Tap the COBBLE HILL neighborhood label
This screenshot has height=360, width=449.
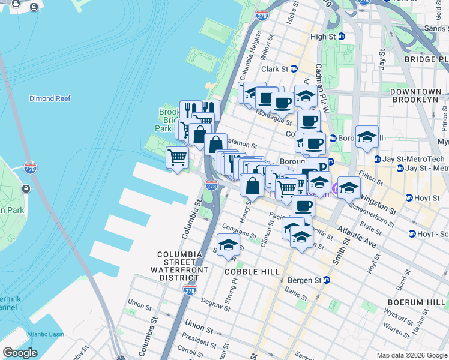pos(252,272)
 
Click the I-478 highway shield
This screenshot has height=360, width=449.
pos(31,169)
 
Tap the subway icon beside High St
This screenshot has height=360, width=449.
pos(341,37)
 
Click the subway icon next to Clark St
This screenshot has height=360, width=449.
pos(294,69)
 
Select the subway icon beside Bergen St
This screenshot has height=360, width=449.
pos(326,280)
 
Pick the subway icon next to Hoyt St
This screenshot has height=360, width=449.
pos(409,198)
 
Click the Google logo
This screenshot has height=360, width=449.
pos(20,353)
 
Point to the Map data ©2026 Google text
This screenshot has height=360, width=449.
pos(411,355)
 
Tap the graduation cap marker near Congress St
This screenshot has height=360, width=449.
pos(228,245)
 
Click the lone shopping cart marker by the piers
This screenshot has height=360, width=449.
pos(178,158)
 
